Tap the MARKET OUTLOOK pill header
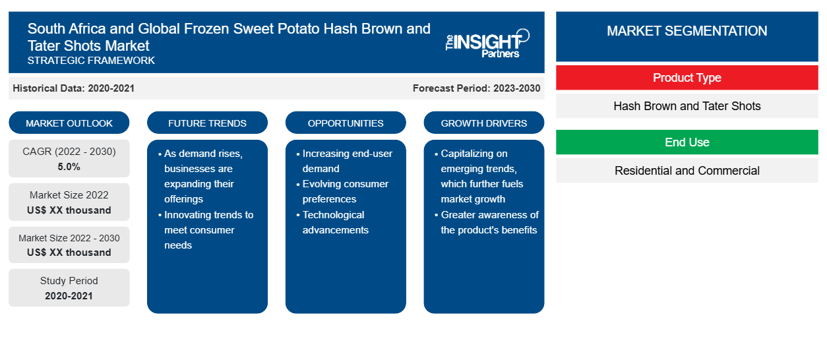(x=69, y=123)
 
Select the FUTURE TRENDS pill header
(x=207, y=123)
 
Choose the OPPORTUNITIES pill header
(x=346, y=123)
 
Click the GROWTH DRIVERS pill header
(x=483, y=123)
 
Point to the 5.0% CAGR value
(x=69, y=167)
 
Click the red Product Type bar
(x=687, y=78)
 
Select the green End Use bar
(x=687, y=142)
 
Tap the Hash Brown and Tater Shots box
(x=687, y=106)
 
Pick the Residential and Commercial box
(x=687, y=171)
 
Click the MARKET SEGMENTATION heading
(x=687, y=31)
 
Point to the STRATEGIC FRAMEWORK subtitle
(x=91, y=61)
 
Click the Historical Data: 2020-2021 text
(x=73, y=88)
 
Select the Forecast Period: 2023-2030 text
(x=476, y=88)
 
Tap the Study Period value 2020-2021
(x=69, y=296)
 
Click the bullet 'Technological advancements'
(x=334, y=222)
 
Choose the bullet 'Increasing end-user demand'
(x=345, y=161)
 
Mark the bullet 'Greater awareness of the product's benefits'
(x=487, y=222)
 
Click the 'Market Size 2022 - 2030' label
(x=69, y=238)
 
